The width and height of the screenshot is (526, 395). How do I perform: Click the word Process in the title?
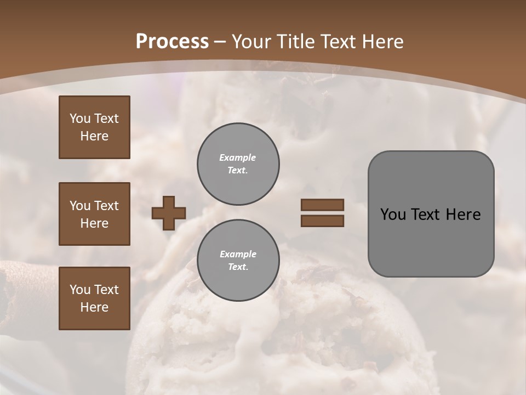[172, 42]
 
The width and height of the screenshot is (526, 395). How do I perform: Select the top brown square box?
[94, 127]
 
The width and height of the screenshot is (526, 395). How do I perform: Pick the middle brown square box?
[94, 214]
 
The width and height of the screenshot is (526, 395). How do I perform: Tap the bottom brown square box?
[94, 298]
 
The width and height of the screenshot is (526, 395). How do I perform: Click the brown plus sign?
[169, 213]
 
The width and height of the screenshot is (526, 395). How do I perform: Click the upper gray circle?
[238, 164]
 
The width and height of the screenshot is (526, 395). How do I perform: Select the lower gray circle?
[238, 261]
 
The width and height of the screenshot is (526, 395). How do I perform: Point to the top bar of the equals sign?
[322, 205]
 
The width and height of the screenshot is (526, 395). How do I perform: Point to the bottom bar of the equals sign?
[322, 221]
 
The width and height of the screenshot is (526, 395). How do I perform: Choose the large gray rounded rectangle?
[431, 214]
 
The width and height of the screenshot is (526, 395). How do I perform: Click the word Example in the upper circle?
[237, 157]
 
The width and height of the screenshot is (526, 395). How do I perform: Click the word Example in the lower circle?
[238, 254]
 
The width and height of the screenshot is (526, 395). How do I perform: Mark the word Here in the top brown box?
[94, 136]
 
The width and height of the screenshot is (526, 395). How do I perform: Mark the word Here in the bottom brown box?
[94, 307]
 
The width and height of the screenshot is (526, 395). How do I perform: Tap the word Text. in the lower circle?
[238, 267]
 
